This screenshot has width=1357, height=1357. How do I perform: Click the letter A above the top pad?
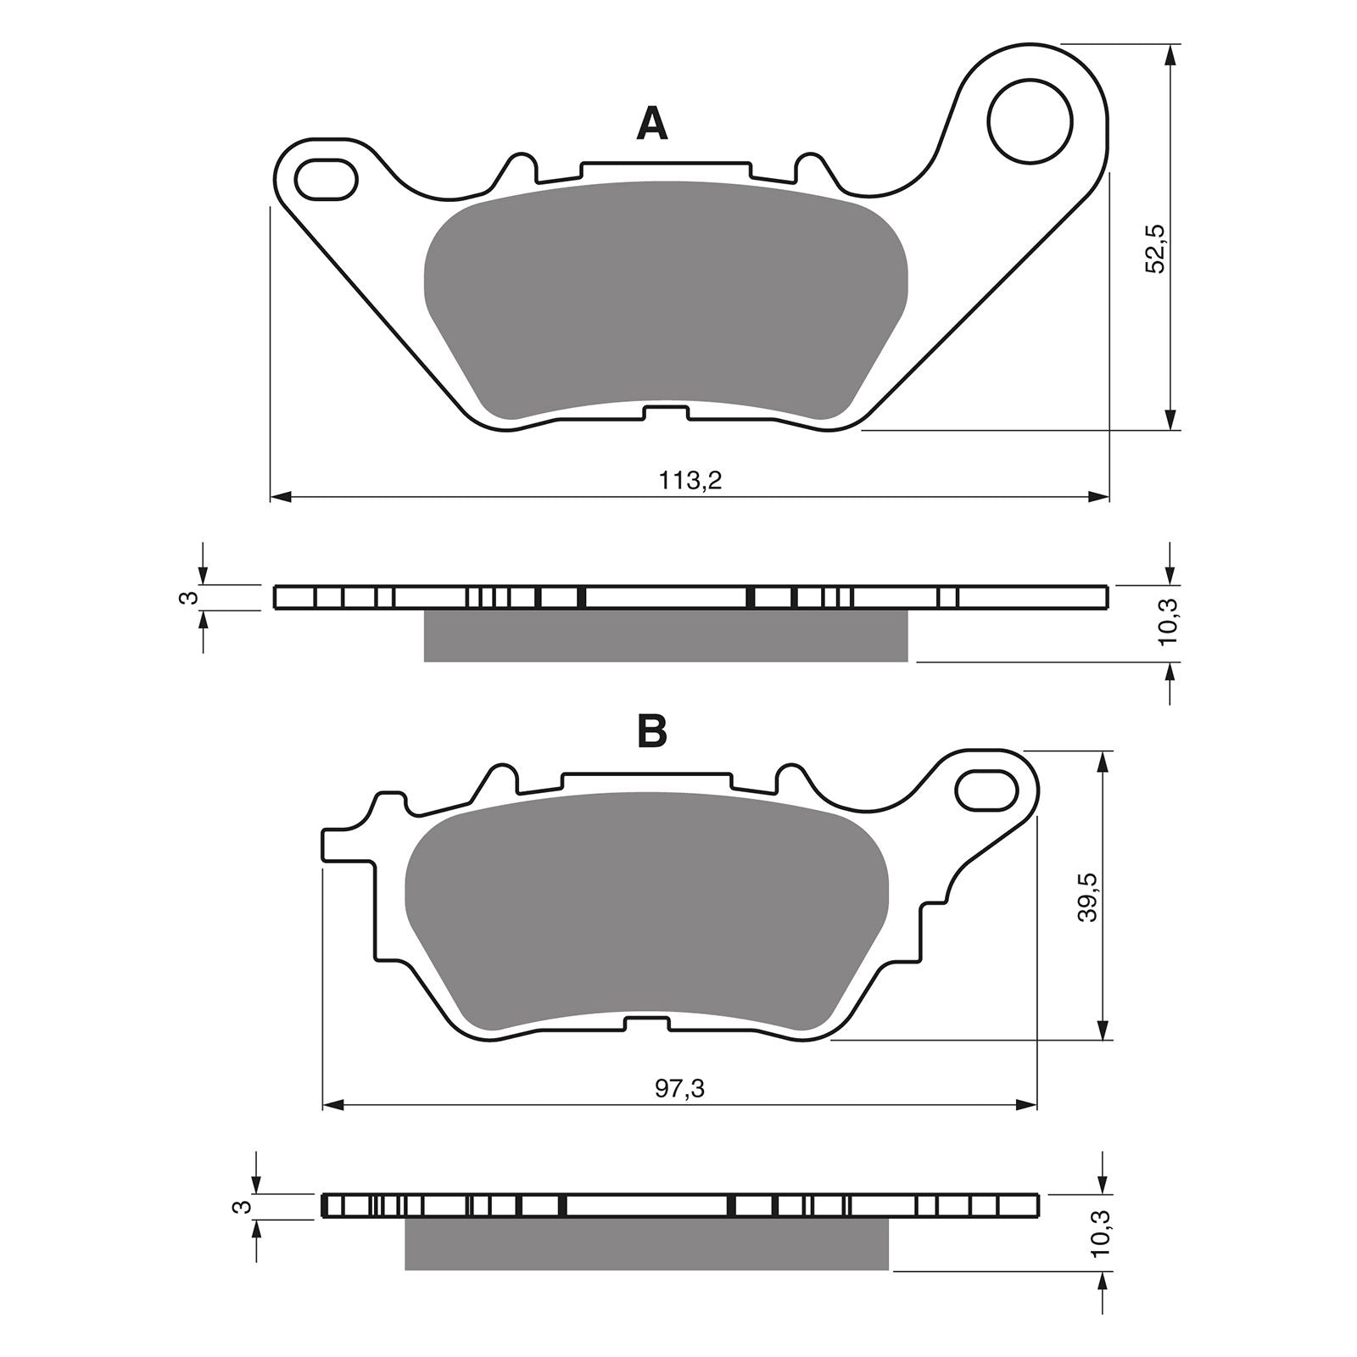(x=651, y=124)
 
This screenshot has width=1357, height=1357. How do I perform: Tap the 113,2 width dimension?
(x=690, y=481)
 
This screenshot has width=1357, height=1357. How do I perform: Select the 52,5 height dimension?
(x=1155, y=249)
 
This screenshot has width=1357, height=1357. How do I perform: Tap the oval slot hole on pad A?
(x=325, y=178)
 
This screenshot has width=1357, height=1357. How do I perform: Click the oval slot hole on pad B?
(x=986, y=790)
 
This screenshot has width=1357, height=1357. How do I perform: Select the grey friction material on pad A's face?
(x=665, y=301)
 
